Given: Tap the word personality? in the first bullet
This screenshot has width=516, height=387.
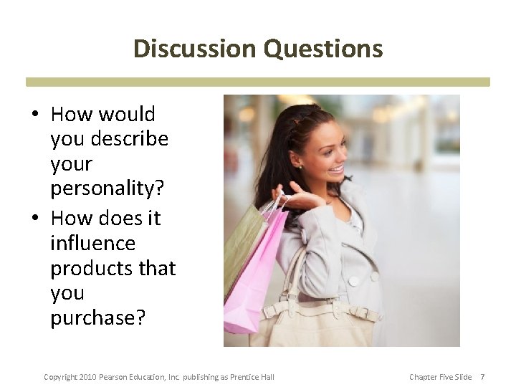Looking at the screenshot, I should point(107,188).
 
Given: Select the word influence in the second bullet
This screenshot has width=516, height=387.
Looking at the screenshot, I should point(92,243).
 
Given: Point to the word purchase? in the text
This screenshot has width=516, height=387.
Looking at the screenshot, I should point(97,317).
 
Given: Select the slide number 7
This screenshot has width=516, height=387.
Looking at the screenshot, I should point(482,377).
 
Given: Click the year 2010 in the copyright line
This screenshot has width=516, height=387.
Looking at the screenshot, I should point(87,377).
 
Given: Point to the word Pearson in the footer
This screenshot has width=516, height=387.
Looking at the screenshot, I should point(117,377).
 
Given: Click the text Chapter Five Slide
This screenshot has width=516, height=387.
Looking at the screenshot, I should point(440,377).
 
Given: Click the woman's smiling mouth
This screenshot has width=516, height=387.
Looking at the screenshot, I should point(336,170).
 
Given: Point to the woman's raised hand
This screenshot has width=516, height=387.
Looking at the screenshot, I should point(294,197).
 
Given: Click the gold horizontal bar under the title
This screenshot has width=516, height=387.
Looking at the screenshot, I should point(258,82).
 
